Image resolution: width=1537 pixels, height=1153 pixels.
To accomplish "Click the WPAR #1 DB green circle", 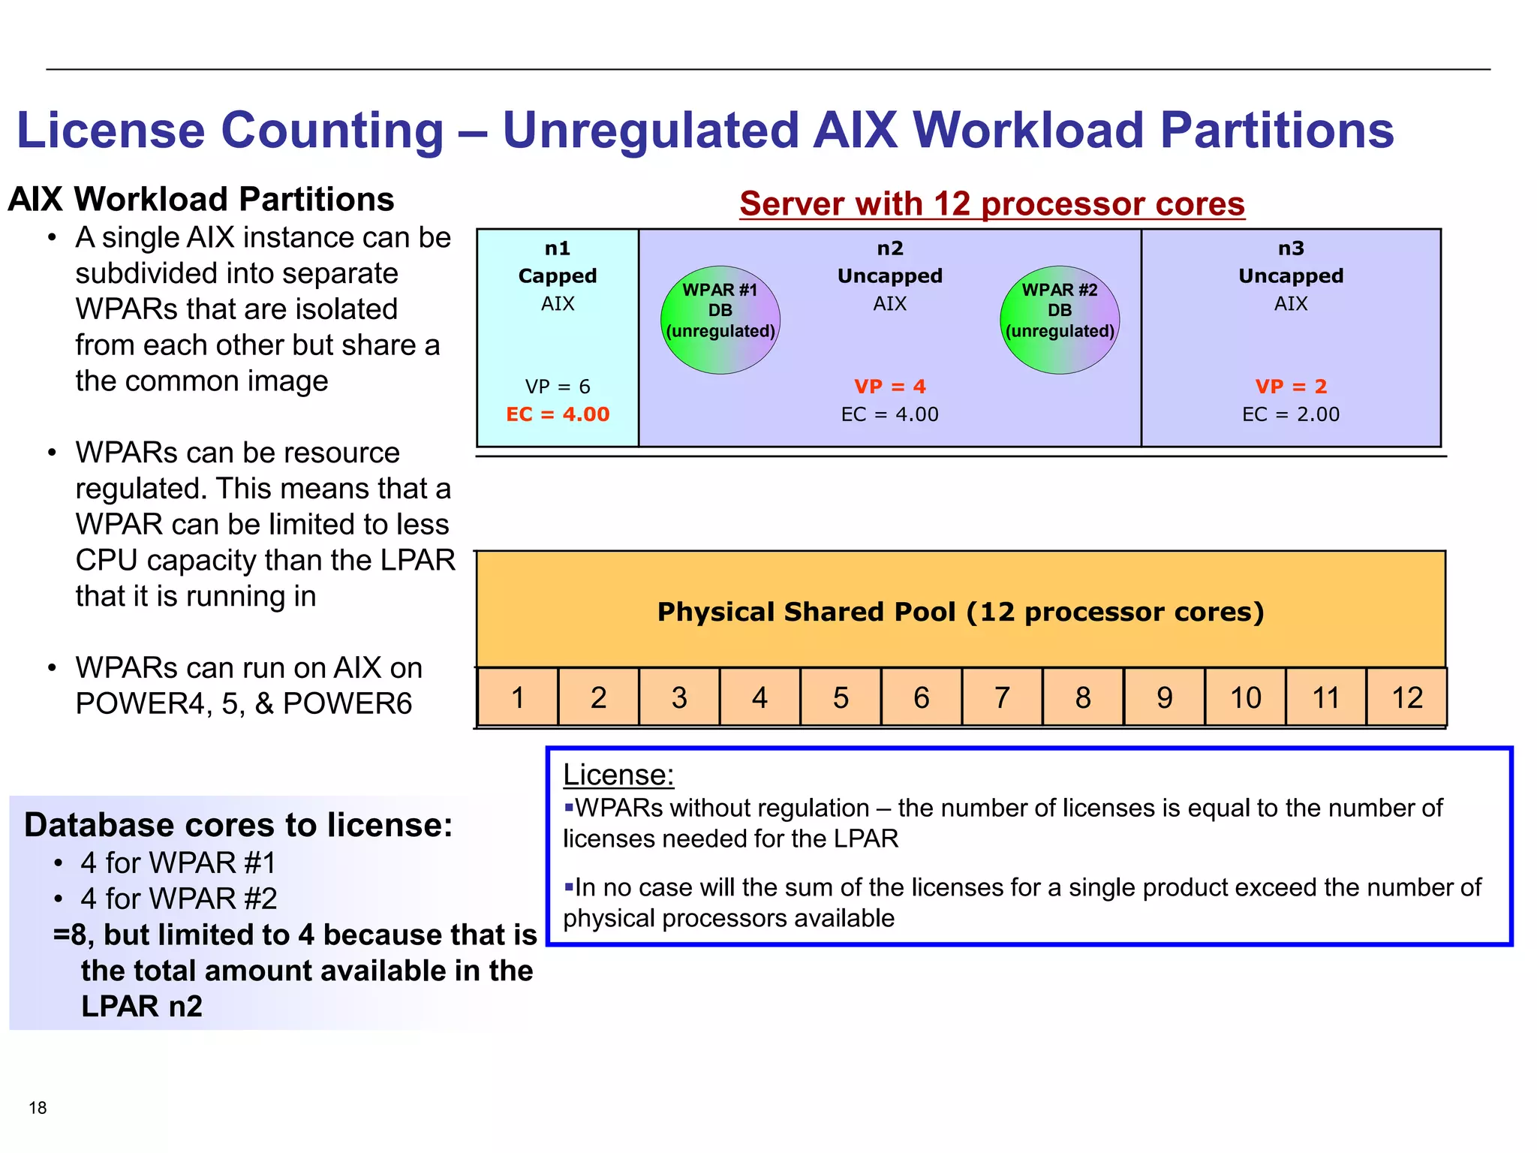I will click(720, 321).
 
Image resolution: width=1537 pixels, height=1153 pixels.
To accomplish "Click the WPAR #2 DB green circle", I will click(1060, 321).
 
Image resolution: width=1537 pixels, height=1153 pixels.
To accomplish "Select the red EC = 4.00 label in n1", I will click(558, 414).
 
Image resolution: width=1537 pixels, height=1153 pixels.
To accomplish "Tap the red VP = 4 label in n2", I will click(890, 387).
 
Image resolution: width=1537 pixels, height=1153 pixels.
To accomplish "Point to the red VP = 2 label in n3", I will click(1291, 387).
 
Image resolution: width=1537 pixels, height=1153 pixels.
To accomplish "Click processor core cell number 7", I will click(1002, 697).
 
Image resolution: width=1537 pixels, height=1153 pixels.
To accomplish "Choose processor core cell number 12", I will click(1406, 697).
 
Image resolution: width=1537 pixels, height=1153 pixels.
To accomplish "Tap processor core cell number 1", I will click(518, 697).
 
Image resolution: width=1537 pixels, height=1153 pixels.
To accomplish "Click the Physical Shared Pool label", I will click(961, 612).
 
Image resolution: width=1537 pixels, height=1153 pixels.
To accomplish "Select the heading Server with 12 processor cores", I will click(992, 203).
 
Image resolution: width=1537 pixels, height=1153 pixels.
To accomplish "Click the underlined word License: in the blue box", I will click(618, 775).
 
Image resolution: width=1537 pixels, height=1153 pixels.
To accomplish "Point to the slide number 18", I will click(38, 1108).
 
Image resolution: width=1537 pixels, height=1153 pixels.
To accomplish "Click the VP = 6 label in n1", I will click(558, 387).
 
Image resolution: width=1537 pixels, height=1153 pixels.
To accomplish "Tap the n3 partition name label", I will click(1291, 248).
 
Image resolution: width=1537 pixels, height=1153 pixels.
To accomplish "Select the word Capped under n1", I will click(558, 276).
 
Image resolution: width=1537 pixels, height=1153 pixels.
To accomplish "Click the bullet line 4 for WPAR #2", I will click(179, 899).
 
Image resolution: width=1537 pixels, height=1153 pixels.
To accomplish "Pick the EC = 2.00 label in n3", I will click(1291, 414).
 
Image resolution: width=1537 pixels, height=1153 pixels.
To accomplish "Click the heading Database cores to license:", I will click(239, 825).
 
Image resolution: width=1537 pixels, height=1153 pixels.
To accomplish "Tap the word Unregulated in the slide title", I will click(650, 130).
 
